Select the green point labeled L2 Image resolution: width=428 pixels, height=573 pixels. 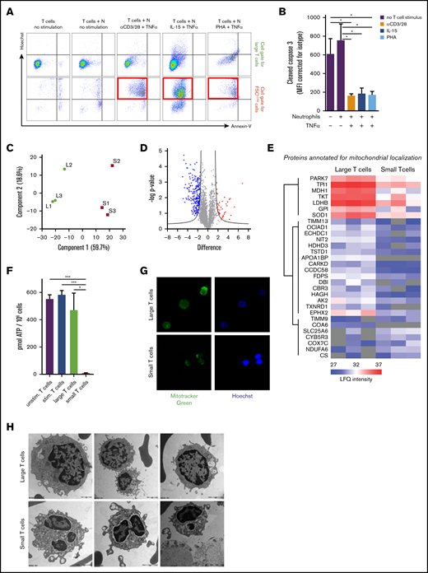pyautogui.click(x=65, y=168)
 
